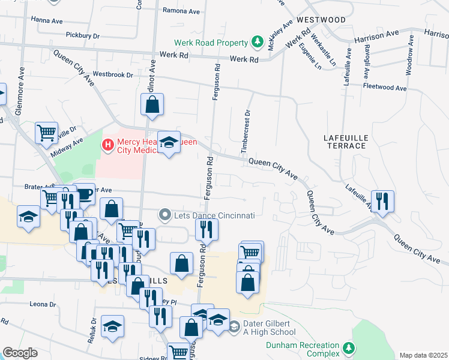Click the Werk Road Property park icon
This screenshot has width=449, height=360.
pos(257,43)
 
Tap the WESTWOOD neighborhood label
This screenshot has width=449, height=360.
pos(321,20)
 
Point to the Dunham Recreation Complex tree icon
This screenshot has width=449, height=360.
pos(348,348)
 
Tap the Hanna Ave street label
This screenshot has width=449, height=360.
pos(47,20)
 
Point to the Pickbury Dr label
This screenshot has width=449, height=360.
pos(83,35)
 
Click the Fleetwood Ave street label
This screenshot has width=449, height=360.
pos(385,87)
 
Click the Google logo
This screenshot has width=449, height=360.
pos(20,353)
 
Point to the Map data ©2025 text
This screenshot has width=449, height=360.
pos(423,355)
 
